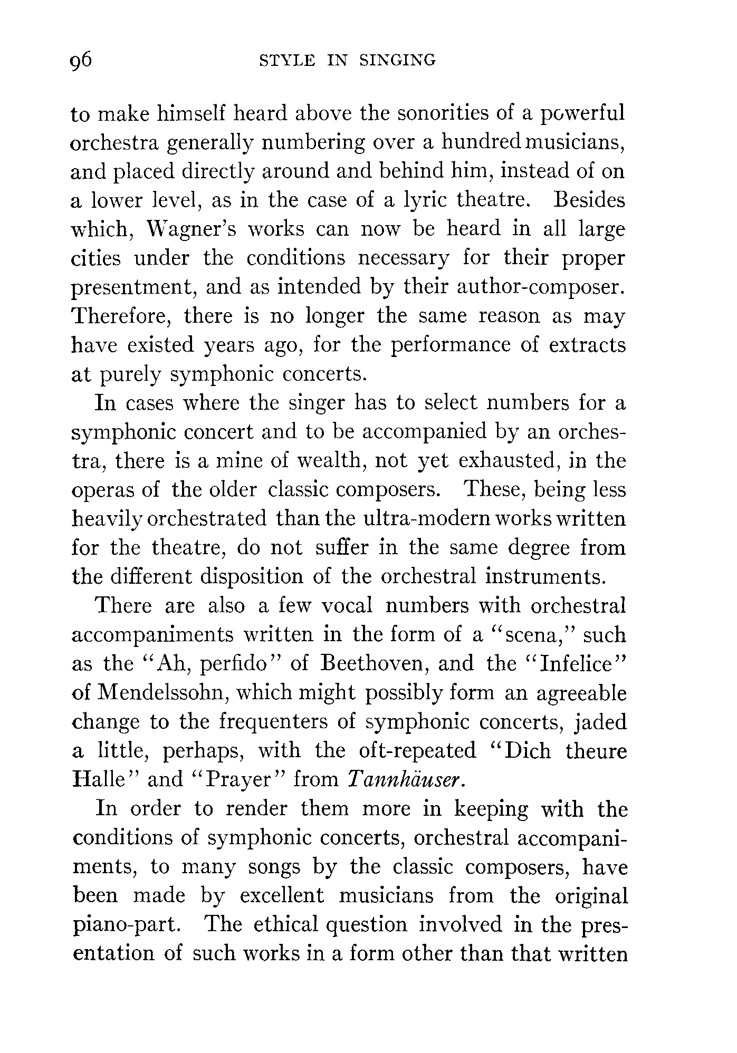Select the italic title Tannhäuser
406,779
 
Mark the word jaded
601,722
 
